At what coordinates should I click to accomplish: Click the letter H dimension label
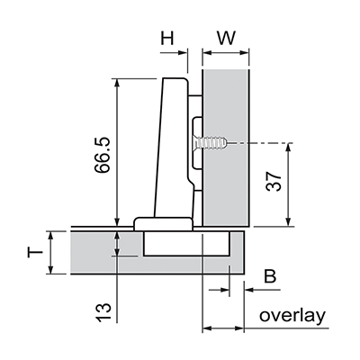pyautogui.click(x=167, y=39)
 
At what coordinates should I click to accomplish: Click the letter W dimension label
pyautogui.click(x=227, y=39)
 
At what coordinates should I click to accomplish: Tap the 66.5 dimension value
pyautogui.click(x=102, y=155)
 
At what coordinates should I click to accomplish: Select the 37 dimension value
pyautogui.click(x=274, y=182)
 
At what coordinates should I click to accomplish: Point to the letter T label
pyautogui.click(x=35, y=252)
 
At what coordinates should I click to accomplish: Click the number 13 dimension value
pyautogui.click(x=103, y=312)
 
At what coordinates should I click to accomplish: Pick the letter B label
pyautogui.click(x=270, y=276)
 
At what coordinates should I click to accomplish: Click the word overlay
pyautogui.click(x=292, y=317)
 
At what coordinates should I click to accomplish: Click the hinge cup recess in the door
pyautogui.click(x=186, y=243)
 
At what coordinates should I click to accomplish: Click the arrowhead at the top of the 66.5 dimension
pyautogui.click(x=117, y=83)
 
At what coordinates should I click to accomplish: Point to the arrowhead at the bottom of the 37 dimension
pyautogui.click(x=289, y=221)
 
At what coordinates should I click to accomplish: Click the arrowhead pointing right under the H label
pyautogui.click(x=183, y=53)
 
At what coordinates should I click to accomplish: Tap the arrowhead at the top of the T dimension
pyautogui.click(x=50, y=236)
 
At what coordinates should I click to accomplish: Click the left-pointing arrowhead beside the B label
pyautogui.click(x=249, y=290)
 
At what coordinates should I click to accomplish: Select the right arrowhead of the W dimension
pyautogui.click(x=244, y=53)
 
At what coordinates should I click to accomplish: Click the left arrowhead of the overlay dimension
pyautogui.click(x=207, y=328)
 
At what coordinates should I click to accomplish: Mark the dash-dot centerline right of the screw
pyautogui.click(x=260, y=143)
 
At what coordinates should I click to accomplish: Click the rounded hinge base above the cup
pyautogui.click(x=163, y=224)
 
